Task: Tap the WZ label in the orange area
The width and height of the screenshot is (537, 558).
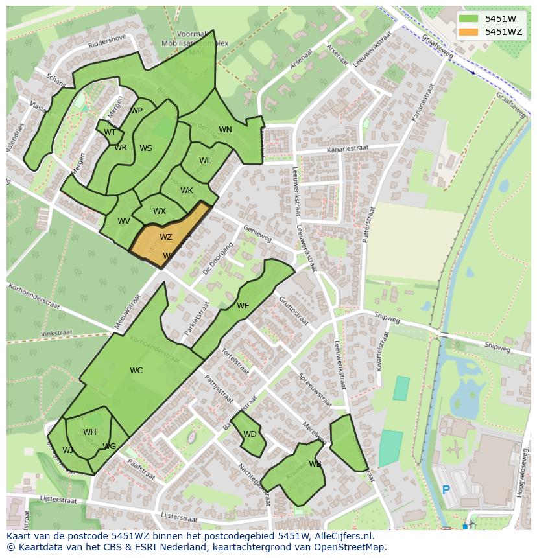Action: pyautogui.click(x=166, y=237)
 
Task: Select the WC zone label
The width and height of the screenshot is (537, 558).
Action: pyautogui.click(x=136, y=371)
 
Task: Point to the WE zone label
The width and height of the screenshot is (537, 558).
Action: pyautogui.click(x=243, y=306)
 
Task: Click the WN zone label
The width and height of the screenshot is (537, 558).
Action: pyautogui.click(x=225, y=130)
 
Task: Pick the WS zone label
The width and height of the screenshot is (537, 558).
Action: pyautogui.click(x=146, y=148)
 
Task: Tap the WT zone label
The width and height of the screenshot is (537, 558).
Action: pyautogui.click(x=110, y=132)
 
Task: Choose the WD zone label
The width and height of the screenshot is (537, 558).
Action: pyautogui.click(x=250, y=434)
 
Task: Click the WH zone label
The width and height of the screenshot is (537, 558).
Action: pyautogui.click(x=89, y=432)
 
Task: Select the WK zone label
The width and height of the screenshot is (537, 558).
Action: pyautogui.click(x=187, y=191)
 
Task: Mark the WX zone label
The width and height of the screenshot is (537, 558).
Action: pyautogui.click(x=160, y=211)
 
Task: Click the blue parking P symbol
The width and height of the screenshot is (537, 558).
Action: pyautogui.click(x=446, y=490)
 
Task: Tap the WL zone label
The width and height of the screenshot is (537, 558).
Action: pyautogui.click(x=205, y=161)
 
